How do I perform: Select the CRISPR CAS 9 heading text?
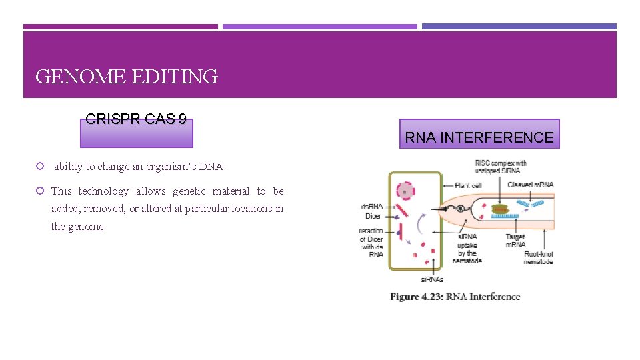pyautogui.click(x=136, y=120)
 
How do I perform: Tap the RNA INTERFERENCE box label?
pyautogui.click(x=479, y=138)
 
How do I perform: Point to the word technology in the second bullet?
pyautogui.click(x=103, y=191)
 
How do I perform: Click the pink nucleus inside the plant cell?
pyautogui.click(x=405, y=191)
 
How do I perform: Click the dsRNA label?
pyautogui.click(x=372, y=207)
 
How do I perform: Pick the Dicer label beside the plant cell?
pyautogui.click(x=373, y=216)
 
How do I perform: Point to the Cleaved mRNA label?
pyautogui.click(x=530, y=185)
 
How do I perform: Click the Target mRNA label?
pyautogui.click(x=515, y=241)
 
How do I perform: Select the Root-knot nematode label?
pyautogui.click(x=538, y=258)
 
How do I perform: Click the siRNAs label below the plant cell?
pyautogui.click(x=432, y=279)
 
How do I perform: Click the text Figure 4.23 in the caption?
pyautogui.click(x=415, y=297)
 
